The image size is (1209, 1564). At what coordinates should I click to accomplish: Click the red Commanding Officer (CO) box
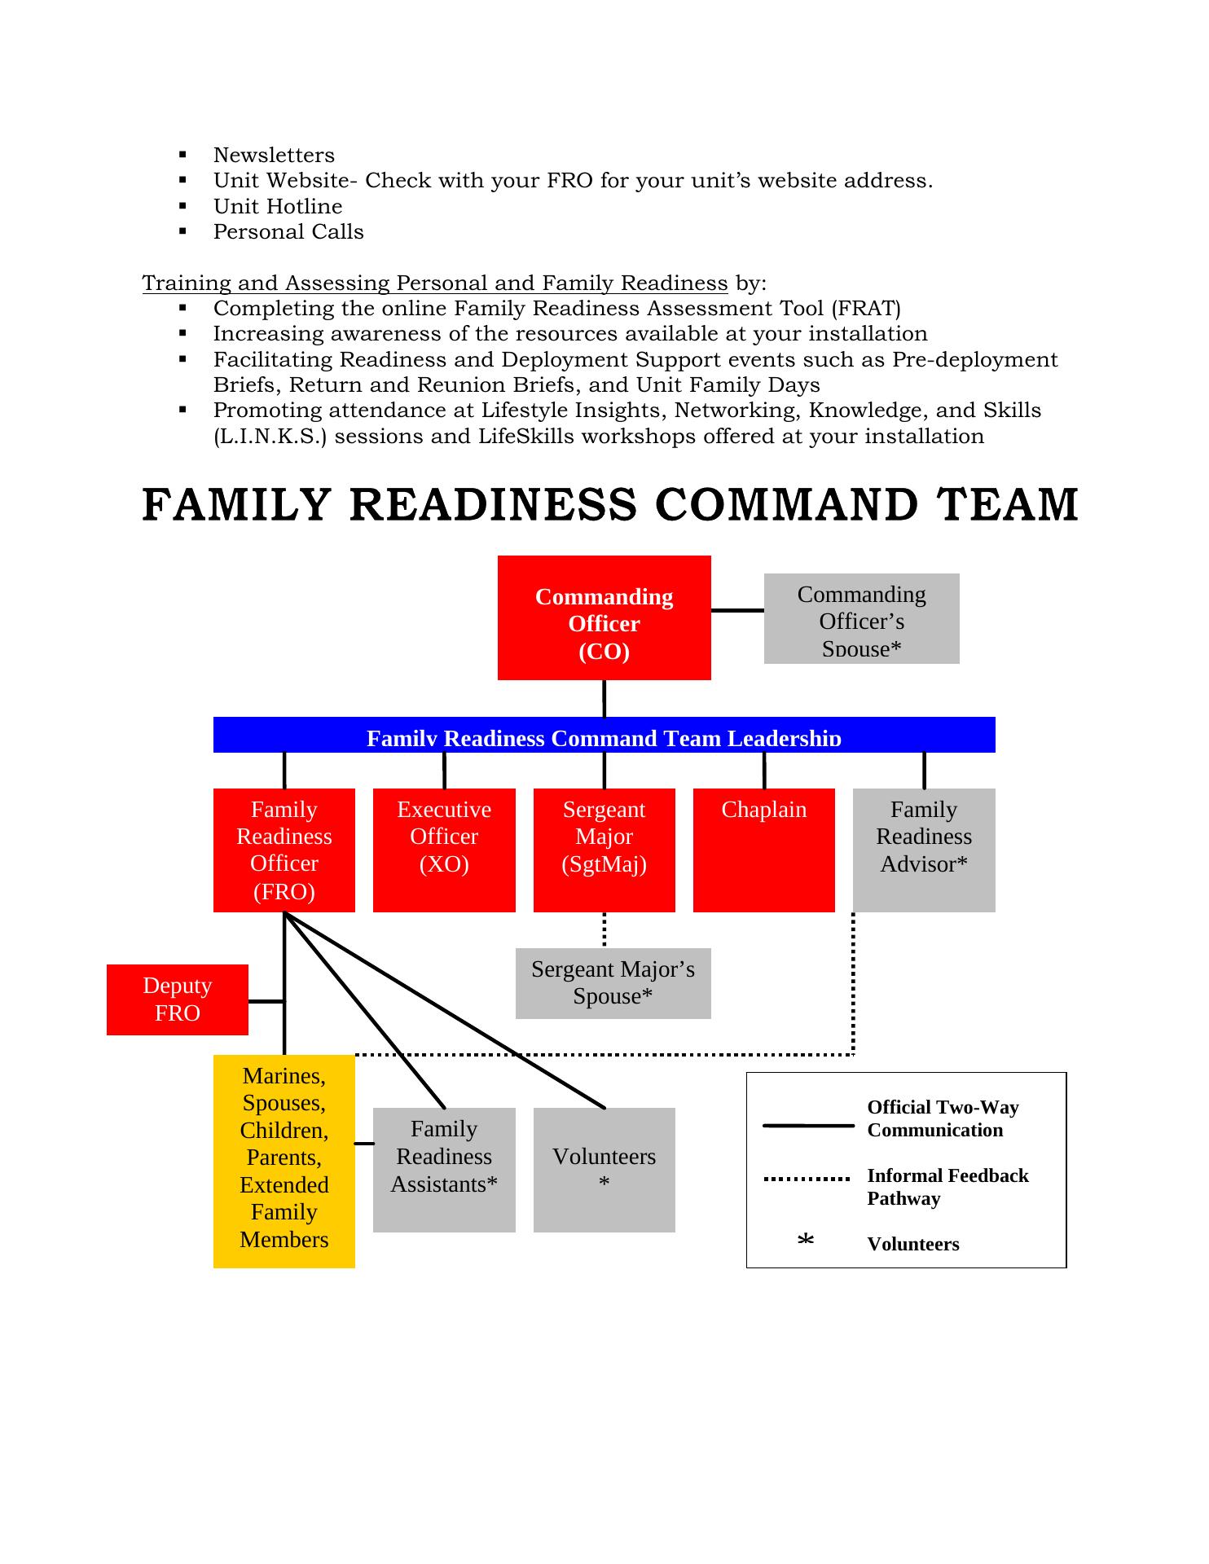coord(604,617)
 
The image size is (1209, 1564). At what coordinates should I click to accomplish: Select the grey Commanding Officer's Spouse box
coord(861,619)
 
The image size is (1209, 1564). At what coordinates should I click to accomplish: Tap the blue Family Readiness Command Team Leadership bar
coord(604,735)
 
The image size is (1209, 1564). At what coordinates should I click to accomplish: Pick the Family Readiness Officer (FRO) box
coord(284,850)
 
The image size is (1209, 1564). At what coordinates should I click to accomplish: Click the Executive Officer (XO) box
coord(444,850)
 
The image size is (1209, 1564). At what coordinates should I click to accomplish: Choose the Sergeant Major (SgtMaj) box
coord(604,850)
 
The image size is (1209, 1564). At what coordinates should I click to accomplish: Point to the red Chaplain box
coord(763,850)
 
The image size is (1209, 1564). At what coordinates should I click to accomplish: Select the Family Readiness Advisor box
coord(924,850)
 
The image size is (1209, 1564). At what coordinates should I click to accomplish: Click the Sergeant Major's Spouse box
coord(613,983)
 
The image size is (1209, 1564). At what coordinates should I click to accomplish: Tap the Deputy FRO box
coord(177,999)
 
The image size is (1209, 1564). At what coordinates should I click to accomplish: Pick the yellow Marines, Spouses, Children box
coord(284,1161)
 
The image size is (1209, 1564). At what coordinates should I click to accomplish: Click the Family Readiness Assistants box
coord(444,1170)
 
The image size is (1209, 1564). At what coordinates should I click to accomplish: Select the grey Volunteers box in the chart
coord(604,1170)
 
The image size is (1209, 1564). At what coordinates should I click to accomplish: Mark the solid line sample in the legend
coord(807,1126)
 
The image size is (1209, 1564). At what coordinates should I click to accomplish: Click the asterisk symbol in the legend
coord(806,1241)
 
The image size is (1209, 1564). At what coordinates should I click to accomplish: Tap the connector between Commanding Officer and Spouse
coord(737,610)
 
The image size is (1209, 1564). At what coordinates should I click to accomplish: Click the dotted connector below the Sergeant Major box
coord(604,929)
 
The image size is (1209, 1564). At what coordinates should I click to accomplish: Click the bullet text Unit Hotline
coord(278,206)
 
